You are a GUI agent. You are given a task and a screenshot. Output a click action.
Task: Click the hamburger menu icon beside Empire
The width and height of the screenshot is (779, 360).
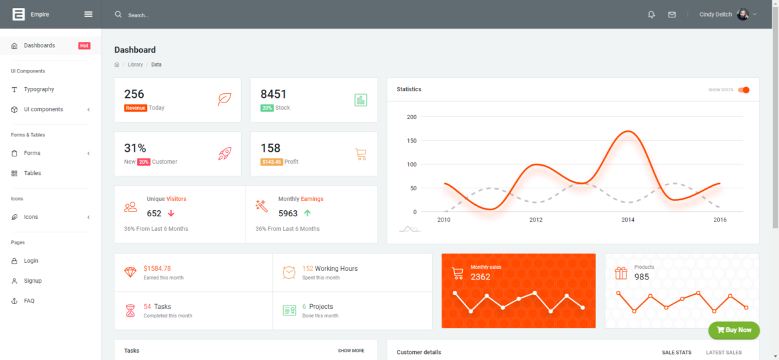(x=89, y=14)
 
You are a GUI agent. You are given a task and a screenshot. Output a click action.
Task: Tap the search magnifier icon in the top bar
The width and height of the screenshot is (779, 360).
(x=119, y=14)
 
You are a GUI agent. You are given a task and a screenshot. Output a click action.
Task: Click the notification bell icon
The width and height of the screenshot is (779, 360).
(x=651, y=15)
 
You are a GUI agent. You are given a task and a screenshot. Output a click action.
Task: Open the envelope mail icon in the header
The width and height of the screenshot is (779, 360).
(x=672, y=15)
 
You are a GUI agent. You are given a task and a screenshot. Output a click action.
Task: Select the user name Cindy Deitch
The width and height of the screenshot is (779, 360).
(x=715, y=15)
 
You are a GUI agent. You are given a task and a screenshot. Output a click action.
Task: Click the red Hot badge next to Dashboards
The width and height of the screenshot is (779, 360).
(x=84, y=46)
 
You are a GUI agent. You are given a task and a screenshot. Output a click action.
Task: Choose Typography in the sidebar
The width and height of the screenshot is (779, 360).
(x=39, y=89)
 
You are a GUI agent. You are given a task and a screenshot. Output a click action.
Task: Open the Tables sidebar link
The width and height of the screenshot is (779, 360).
(x=32, y=173)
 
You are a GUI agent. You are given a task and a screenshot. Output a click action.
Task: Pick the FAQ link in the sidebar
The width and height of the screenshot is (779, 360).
(x=29, y=301)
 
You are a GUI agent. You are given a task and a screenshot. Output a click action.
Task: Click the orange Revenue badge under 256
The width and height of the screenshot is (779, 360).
(x=135, y=108)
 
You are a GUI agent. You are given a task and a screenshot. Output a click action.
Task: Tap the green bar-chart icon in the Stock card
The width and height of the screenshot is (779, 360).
(x=361, y=100)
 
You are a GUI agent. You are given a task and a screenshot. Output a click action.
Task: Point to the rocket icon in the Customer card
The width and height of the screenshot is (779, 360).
(x=225, y=154)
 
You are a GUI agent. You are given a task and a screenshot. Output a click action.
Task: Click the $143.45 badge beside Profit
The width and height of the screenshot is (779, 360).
(x=272, y=162)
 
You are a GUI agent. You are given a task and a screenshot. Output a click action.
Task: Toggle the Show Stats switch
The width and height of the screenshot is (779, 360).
(x=744, y=90)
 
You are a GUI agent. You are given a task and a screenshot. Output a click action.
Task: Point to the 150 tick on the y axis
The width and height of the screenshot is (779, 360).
(x=411, y=140)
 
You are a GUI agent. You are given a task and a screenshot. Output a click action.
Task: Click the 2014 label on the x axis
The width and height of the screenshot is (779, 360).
(x=628, y=220)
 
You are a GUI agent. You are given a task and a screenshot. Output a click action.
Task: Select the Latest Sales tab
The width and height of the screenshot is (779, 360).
(x=724, y=352)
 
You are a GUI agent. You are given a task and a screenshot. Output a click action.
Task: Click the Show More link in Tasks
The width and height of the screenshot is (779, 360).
(x=351, y=351)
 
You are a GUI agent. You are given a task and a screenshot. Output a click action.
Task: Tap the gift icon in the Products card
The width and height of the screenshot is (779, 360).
(x=621, y=273)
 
